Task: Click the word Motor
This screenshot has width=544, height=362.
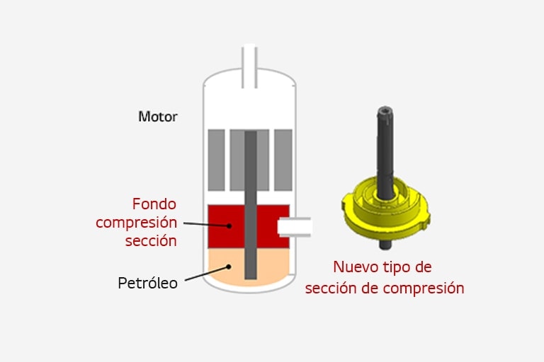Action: (x=158, y=117)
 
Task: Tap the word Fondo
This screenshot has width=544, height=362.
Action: (x=154, y=204)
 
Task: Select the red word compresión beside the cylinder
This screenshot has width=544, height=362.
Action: (x=136, y=223)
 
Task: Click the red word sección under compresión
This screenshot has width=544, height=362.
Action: (x=151, y=241)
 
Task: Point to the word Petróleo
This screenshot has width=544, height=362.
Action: (x=148, y=283)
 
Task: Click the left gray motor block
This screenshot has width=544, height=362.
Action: (x=216, y=160)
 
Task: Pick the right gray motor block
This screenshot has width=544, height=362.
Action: (x=283, y=160)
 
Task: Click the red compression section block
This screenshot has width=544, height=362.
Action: (x=249, y=226)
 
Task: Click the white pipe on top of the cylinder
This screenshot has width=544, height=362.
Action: (x=249, y=66)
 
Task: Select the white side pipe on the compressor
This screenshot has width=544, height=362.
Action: (x=295, y=227)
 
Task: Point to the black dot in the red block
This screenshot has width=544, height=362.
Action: (x=229, y=226)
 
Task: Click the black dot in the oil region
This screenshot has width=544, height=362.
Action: (x=229, y=267)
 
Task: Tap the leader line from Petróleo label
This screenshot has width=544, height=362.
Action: (x=205, y=274)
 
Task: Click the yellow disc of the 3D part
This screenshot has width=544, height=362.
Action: (x=385, y=212)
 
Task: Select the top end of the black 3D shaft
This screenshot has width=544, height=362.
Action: (x=385, y=109)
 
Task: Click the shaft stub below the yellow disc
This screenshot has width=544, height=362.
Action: (x=385, y=245)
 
